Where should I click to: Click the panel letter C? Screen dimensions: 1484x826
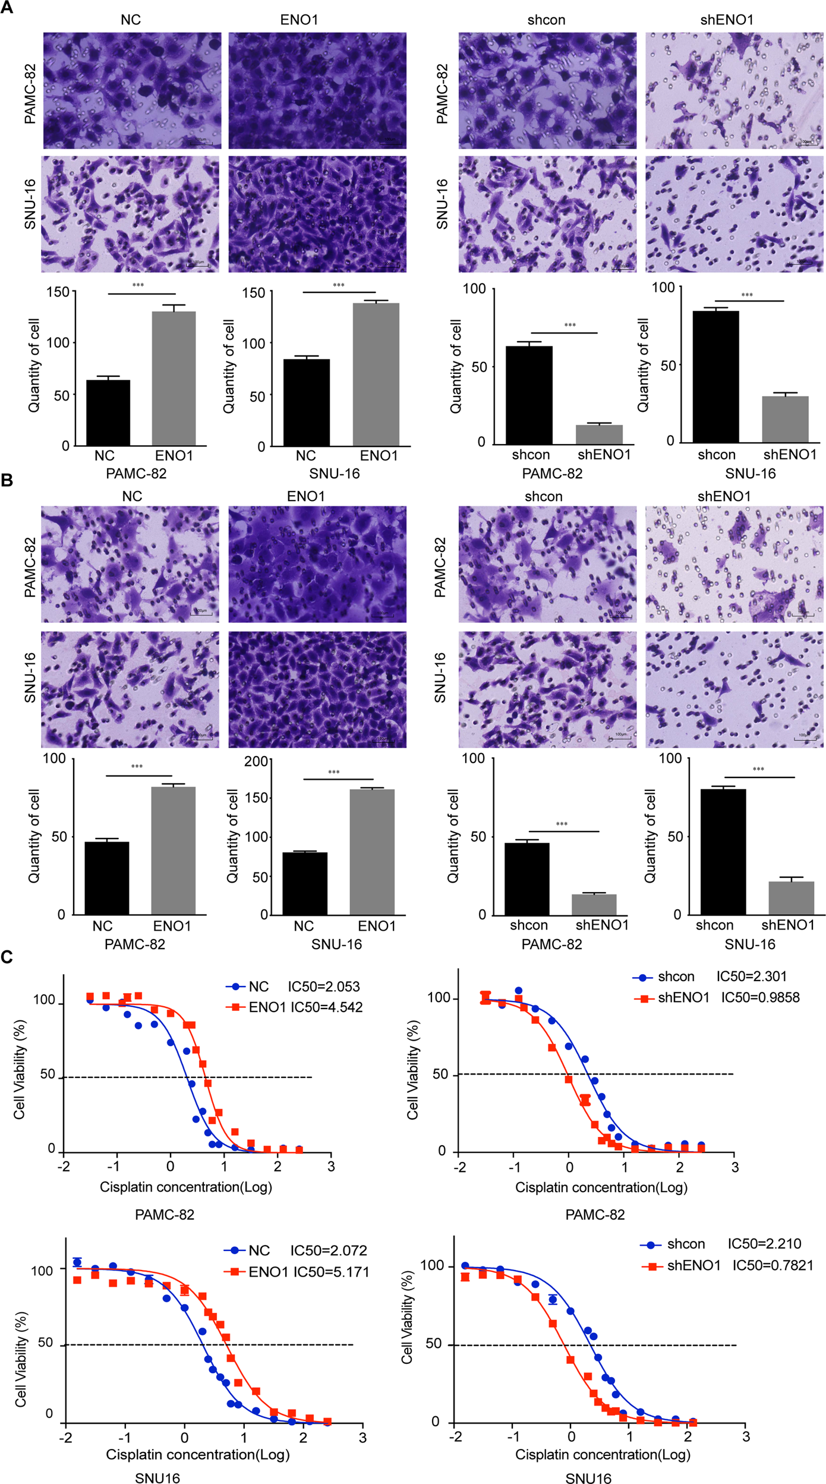(7, 957)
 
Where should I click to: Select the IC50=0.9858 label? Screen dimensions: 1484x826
(760, 997)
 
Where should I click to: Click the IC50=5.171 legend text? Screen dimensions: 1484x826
(331, 1272)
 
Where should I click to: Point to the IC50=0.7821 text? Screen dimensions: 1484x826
(773, 1265)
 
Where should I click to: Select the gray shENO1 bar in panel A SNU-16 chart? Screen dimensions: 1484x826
(785, 419)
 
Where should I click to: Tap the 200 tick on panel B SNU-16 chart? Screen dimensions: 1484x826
(256, 761)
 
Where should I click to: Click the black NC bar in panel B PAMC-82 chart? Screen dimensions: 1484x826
(107, 878)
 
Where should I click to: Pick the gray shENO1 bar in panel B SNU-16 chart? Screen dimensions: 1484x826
(791, 897)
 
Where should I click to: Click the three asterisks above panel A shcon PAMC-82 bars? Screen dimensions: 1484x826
(569, 325)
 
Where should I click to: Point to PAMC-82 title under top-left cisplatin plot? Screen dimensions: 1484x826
(165, 1215)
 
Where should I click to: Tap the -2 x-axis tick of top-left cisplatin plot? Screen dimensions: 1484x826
(63, 1167)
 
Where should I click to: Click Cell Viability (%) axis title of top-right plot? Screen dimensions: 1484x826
(412, 1070)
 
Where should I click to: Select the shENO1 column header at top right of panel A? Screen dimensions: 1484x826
(726, 20)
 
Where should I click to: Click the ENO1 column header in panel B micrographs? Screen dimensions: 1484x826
(305, 496)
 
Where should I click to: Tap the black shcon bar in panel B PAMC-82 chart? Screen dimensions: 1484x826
(527, 878)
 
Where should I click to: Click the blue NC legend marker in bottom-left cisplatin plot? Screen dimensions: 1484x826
(235, 1250)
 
